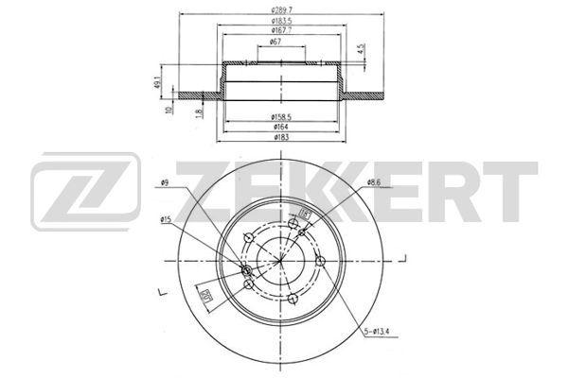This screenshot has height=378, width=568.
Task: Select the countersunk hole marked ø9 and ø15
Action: point(248,272)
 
